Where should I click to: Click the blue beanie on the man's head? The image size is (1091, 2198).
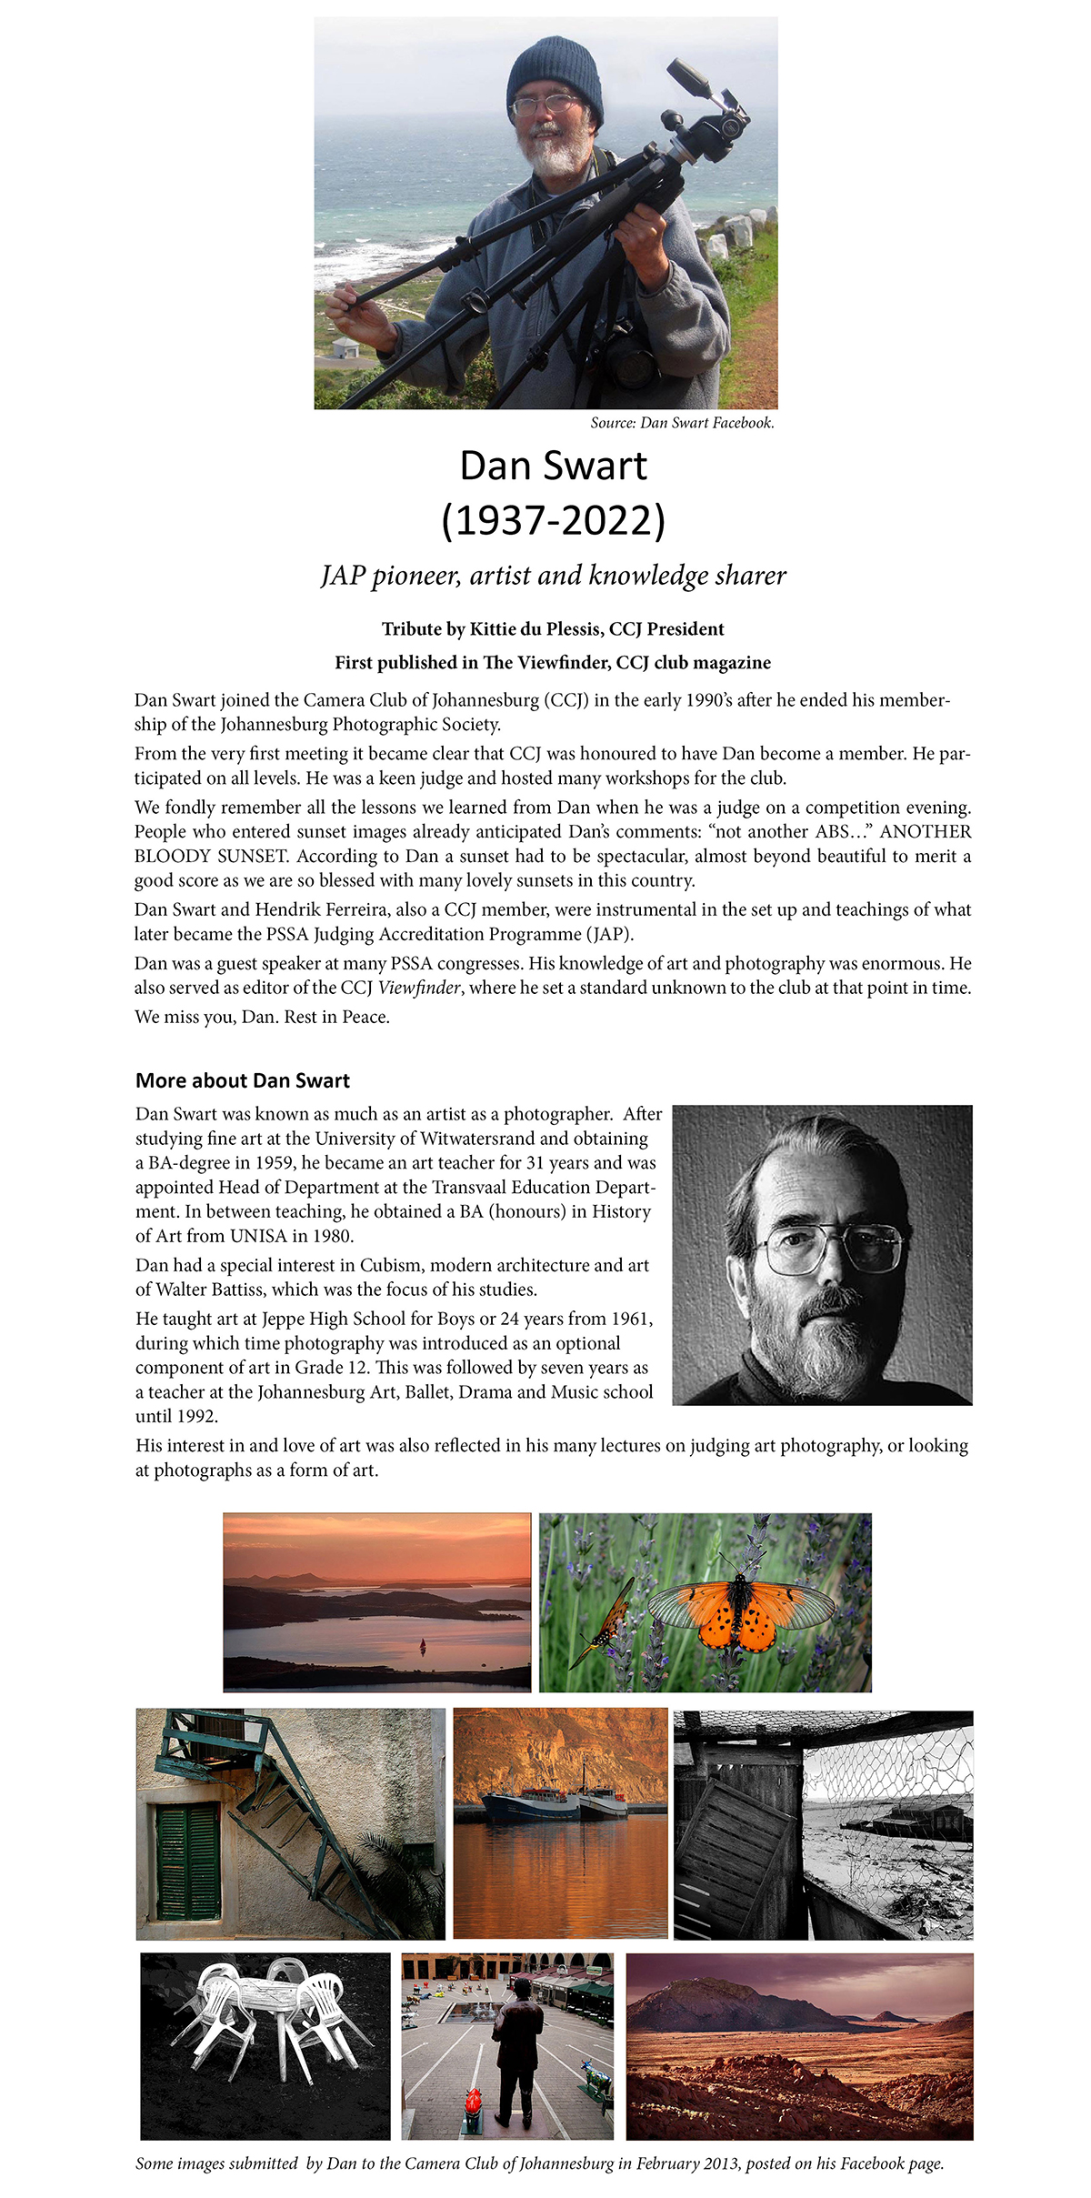(x=554, y=73)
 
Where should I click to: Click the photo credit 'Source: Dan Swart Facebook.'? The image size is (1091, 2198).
(x=682, y=423)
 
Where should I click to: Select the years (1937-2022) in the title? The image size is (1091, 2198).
(x=553, y=520)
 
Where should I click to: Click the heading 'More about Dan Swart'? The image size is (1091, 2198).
(x=243, y=1080)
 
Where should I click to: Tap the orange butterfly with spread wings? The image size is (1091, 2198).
(x=741, y=1614)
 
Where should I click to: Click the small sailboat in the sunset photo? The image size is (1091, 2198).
(x=422, y=1644)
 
